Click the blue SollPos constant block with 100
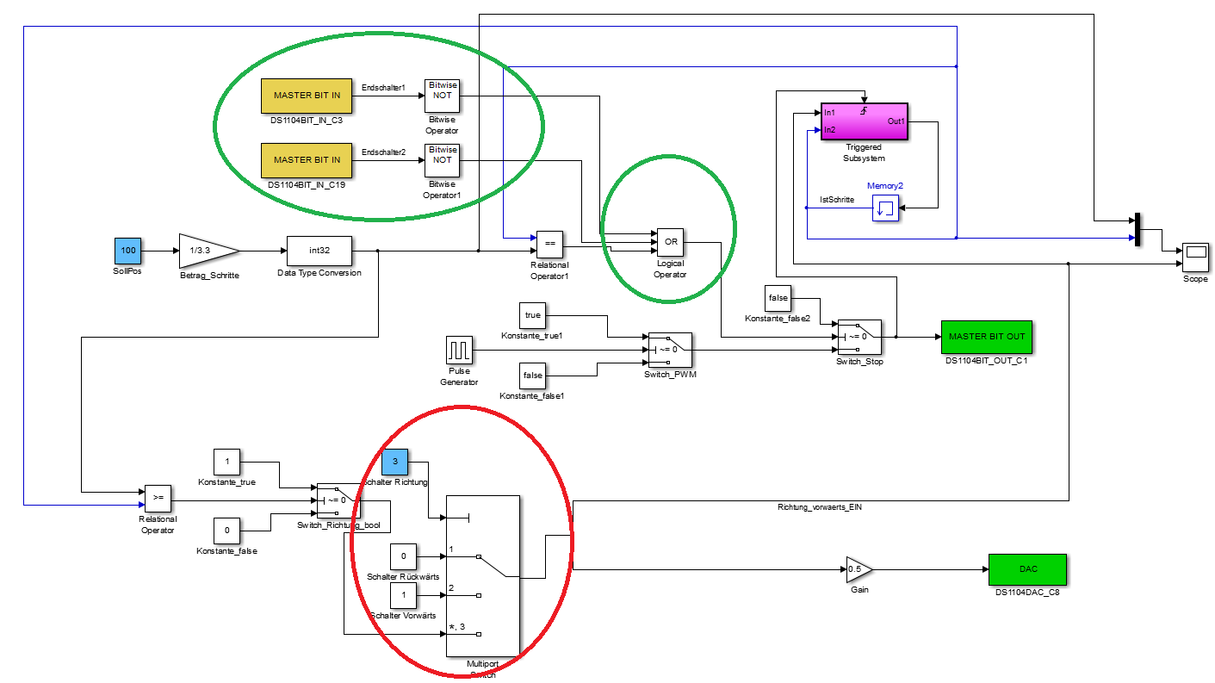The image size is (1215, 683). (127, 250)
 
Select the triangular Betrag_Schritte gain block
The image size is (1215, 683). (205, 250)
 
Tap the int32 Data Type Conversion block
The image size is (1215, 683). (319, 251)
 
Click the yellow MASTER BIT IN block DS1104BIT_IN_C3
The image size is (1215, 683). (307, 95)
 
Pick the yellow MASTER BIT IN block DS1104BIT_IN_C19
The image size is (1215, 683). (307, 160)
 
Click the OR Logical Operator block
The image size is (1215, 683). (670, 243)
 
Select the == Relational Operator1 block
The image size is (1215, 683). (549, 244)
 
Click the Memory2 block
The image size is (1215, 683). (885, 208)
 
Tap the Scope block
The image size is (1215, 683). (1195, 251)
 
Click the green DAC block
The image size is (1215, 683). (1027, 568)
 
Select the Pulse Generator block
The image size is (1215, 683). (460, 351)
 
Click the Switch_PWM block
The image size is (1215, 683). (670, 350)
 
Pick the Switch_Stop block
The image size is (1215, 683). (859, 337)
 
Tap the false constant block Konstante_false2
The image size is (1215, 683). (778, 298)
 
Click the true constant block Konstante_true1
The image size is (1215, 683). (533, 315)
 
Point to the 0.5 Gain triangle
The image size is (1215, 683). (858, 568)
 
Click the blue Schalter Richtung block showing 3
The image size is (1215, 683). (394, 462)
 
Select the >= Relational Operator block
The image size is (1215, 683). (158, 498)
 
